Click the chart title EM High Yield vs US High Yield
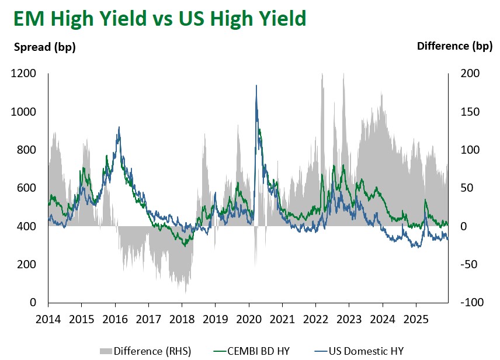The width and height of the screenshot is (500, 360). pos(159,19)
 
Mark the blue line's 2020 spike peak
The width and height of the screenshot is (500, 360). pos(256,86)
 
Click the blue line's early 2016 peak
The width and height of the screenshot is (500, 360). pos(119,127)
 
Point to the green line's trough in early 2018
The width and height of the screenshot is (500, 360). pos(185,246)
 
